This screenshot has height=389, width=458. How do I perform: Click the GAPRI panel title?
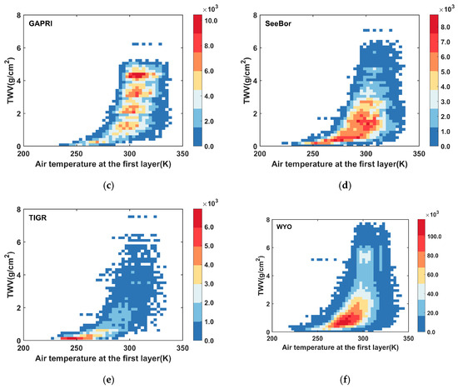(43, 26)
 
